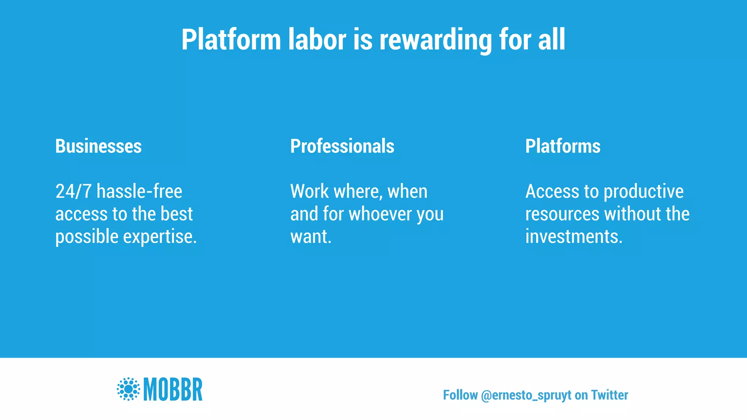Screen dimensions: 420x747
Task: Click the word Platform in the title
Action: [231, 39]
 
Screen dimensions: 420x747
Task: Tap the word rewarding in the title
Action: [435, 39]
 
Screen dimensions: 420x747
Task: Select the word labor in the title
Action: [317, 39]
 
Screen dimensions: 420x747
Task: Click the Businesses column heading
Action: [98, 146]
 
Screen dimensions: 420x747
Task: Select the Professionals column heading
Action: [342, 146]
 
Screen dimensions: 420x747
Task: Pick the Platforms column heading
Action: [562, 146]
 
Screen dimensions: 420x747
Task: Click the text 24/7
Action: [73, 191]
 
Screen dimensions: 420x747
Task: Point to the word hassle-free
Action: [139, 191]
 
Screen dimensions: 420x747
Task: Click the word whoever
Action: [381, 214]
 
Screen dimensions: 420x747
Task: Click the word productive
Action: [643, 191]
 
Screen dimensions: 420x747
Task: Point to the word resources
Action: [562, 214]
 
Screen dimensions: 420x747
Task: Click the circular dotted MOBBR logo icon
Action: [128, 389]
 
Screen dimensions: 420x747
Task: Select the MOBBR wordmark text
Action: [173, 389]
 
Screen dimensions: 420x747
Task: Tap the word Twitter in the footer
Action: [609, 395]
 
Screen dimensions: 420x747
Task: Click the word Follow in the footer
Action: [460, 395]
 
